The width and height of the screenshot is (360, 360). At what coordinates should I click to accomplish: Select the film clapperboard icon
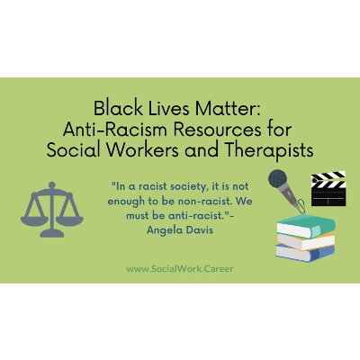click(x=327, y=189)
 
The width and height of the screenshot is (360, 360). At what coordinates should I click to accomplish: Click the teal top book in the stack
click(x=305, y=222)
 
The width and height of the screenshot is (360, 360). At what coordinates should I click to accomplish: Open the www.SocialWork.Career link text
click(x=179, y=269)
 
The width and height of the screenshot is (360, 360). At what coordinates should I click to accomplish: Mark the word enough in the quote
click(x=127, y=202)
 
